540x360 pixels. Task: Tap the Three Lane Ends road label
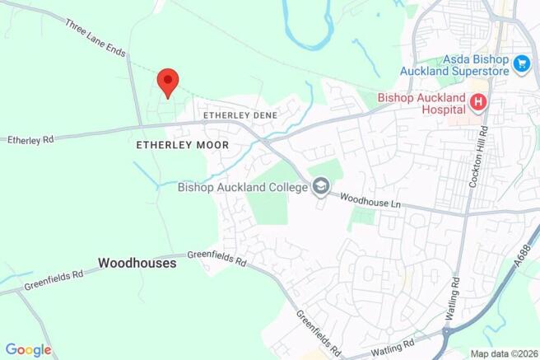(x=95, y=39)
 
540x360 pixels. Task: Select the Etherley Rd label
(x=30, y=140)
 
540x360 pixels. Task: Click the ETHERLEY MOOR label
(x=182, y=144)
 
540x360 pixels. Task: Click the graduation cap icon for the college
(x=319, y=187)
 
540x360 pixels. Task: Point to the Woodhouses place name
(x=137, y=264)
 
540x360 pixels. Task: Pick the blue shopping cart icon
(x=520, y=63)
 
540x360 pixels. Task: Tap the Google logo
(x=28, y=349)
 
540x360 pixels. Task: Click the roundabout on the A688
(x=449, y=335)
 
